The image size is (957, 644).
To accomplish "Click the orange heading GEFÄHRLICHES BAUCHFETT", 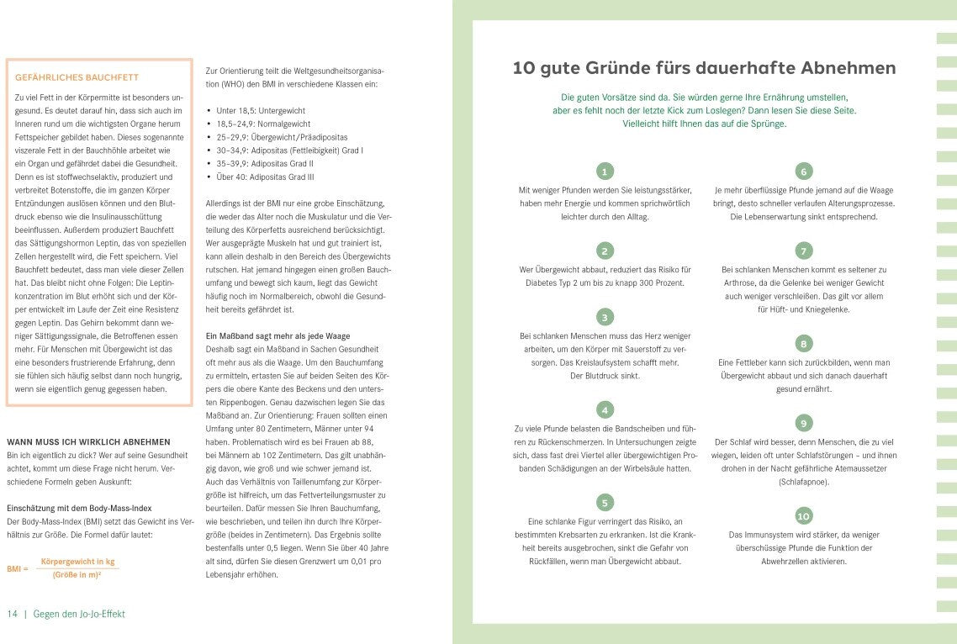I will [65, 78].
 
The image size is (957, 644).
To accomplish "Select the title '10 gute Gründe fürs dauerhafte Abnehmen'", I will [704, 68].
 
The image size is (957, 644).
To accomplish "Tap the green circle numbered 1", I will [604, 172].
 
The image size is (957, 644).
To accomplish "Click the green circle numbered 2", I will [604, 251].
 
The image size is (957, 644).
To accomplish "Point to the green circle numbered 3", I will [604, 317].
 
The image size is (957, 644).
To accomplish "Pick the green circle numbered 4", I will [604, 410].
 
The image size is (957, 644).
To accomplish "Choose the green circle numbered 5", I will [604, 503].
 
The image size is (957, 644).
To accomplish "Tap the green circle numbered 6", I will [803, 172].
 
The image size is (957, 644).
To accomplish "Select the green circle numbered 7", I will [803, 251].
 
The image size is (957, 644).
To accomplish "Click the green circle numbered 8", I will [803, 343].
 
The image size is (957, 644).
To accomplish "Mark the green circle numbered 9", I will [803, 423].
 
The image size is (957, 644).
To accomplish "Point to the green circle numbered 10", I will [803, 515].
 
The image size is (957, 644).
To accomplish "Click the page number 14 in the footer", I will [12, 614].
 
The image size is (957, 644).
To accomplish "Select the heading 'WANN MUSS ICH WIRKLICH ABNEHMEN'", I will [88, 441].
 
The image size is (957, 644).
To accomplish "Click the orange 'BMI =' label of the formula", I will [18, 568].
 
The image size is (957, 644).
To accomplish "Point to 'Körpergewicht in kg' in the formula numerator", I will [77, 561].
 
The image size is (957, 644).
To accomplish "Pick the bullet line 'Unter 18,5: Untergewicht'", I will [260, 111].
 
